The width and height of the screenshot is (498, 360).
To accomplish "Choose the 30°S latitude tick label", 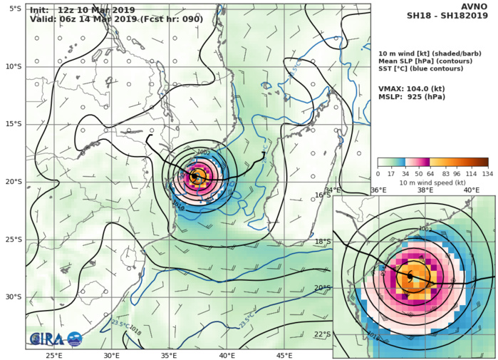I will pos(12,297).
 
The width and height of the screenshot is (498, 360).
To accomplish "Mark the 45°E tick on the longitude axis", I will pos(284,354).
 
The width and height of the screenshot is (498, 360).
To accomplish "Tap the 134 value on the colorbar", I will pos(489,174).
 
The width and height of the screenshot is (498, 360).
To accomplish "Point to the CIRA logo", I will pos(56,339).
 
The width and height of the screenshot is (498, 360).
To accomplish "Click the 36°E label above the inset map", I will pos(378,190).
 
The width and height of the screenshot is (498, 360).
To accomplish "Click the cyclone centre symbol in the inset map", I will pos(410,275).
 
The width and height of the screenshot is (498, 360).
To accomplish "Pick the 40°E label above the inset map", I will pos(472,190).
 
